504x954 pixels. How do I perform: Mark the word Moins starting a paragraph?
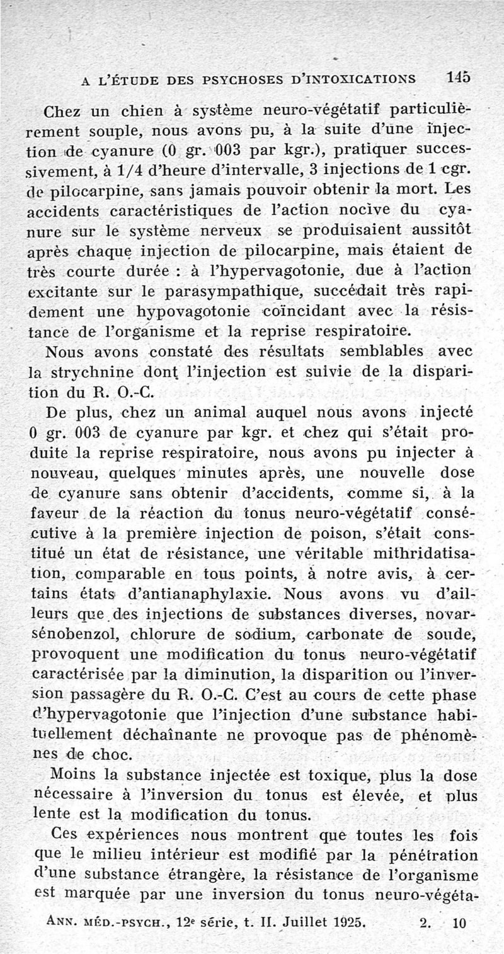pyautogui.click(x=76, y=774)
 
